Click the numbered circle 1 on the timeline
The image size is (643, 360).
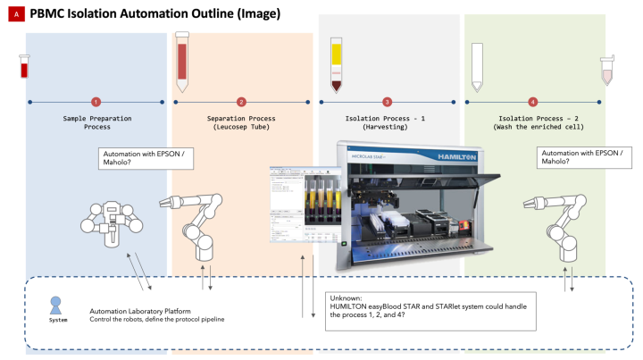click(96, 103)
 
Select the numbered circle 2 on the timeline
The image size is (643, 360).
click(241, 103)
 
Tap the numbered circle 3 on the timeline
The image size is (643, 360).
click(387, 103)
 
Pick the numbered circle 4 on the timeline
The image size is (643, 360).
click(533, 103)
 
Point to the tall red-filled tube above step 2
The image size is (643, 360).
click(182, 63)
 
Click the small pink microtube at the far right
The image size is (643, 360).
click(607, 71)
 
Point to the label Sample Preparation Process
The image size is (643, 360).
click(96, 122)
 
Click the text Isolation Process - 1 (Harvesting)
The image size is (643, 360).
click(387, 122)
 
